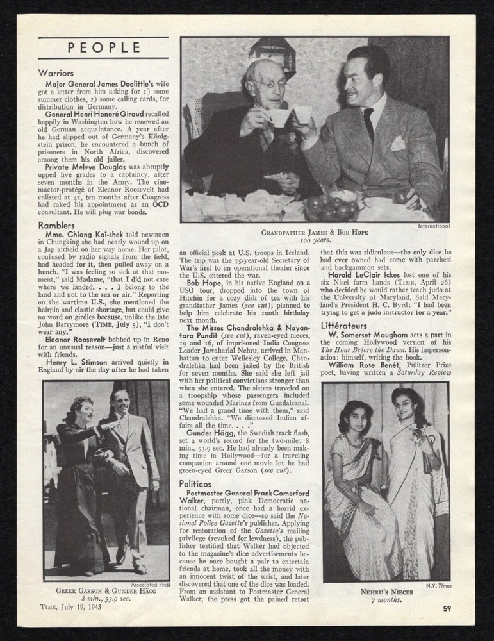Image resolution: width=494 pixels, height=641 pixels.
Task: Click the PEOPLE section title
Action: [x=103, y=47]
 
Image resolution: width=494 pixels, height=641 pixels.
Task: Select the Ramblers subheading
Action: [x=58, y=226]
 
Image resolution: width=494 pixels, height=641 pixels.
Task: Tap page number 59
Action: [x=447, y=608]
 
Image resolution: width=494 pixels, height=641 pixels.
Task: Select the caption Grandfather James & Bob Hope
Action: [x=314, y=232]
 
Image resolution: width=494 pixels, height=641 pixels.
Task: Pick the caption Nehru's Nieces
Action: [x=385, y=592]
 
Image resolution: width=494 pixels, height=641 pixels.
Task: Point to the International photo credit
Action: [x=433, y=226]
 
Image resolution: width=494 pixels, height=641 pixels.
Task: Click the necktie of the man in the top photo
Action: [x=368, y=122]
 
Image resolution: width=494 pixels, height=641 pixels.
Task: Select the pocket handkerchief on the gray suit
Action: [x=398, y=143]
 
